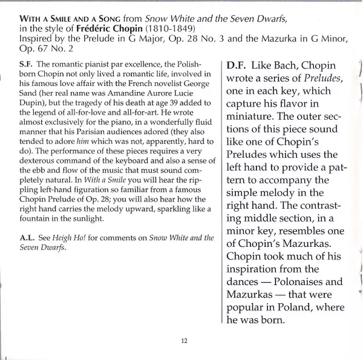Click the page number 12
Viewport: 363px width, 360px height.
(183, 340)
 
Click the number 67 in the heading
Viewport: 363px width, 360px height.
(36, 48)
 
